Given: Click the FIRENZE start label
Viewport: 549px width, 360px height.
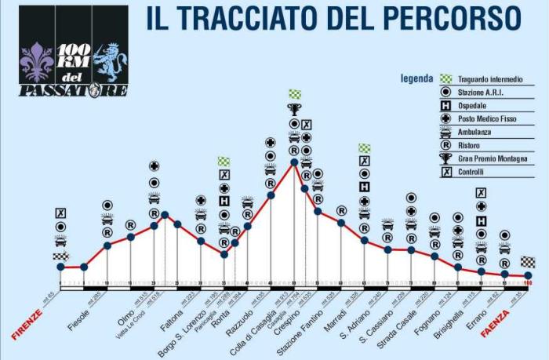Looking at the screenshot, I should (27, 323).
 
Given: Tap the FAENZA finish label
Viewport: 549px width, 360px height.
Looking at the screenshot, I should (495, 322).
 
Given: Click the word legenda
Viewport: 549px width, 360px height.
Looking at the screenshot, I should (416, 78).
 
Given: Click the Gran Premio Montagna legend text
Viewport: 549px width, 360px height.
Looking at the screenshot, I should (494, 158).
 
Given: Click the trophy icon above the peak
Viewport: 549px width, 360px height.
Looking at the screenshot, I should (294, 109).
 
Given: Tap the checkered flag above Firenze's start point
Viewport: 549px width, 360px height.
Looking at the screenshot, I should (60, 256).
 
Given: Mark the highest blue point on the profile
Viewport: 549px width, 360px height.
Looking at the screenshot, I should (294, 163).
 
